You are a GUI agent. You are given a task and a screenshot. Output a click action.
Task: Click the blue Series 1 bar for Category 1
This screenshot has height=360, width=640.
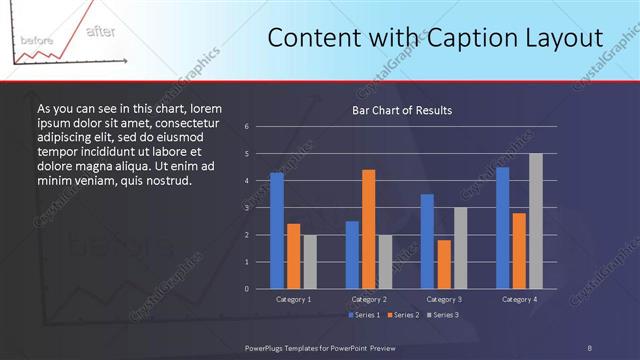[x=276, y=231]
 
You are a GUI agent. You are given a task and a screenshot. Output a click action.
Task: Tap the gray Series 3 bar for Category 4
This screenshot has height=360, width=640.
[x=535, y=221]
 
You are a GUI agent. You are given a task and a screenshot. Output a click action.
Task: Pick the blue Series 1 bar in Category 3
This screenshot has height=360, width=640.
[x=427, y=241]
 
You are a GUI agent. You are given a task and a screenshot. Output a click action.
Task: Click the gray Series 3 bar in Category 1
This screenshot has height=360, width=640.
[x=309, y=261]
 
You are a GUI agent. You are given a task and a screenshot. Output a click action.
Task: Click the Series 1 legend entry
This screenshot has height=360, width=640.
[x=364, y=316]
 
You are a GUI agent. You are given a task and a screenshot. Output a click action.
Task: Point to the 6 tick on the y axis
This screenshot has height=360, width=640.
[x=246, y=127]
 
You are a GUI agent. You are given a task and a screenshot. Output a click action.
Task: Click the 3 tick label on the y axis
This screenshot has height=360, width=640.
[x=246, y=208]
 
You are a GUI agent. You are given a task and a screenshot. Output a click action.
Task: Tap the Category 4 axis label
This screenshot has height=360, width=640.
[x=518, y=299]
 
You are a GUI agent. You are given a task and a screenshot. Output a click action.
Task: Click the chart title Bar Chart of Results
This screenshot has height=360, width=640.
[x=402, y=110]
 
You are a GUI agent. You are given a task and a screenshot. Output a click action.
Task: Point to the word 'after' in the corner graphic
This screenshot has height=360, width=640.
[x=100, y=31]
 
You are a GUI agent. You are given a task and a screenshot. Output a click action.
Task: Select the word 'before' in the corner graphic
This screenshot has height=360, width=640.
[x=37, y=40]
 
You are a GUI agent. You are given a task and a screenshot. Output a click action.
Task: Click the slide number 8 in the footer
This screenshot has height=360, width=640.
[x=590, y=347]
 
